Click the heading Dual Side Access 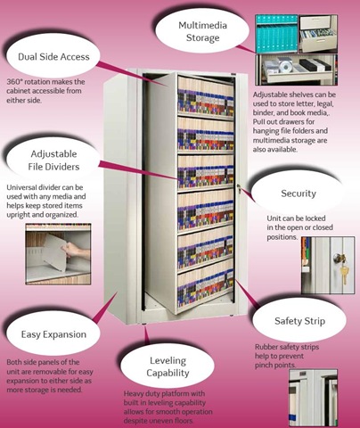pos(53,56)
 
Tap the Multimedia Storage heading pos(203,31)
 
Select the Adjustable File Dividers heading pos(53,160)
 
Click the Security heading pos(299,193)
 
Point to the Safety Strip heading pos(299,321)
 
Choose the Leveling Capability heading pos(168,366)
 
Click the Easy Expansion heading pos(53,334)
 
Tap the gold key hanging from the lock pos(344,275)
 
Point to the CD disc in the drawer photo pos(286,67)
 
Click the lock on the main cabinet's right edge pos(239,187)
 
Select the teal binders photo pos(276,34)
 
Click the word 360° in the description pos(13,82)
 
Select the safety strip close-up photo pos(314,399)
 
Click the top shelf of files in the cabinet pos(206,96)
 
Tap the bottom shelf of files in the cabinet pos(206,286)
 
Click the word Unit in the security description pos(274,218)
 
